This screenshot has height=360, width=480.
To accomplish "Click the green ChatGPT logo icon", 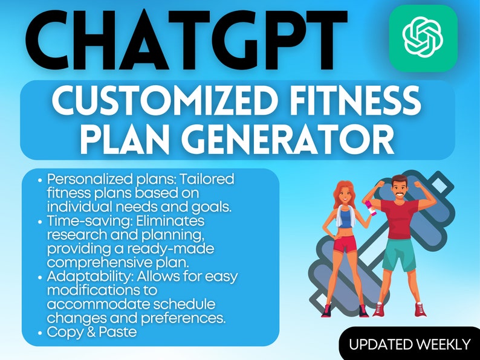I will tap(422, 38).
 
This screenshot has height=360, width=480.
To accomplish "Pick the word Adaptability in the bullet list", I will tap(79, 276).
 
